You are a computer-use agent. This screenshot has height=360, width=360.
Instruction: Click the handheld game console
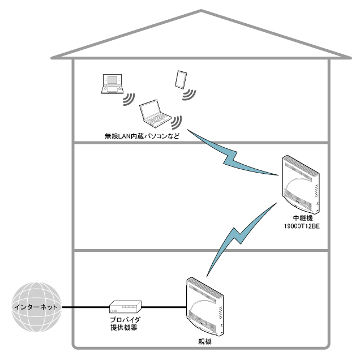pos(110,84)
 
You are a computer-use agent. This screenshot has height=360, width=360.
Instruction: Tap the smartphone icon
pos(181,79)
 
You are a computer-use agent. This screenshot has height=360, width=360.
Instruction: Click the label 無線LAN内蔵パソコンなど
pos(138,136)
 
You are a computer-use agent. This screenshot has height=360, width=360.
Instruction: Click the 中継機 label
pos(300,218)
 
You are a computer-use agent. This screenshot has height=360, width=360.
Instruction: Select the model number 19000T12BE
pos(300,226)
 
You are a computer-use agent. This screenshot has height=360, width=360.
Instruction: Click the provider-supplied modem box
pos(125,307)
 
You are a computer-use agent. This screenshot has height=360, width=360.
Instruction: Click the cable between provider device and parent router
pos(164,307)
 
